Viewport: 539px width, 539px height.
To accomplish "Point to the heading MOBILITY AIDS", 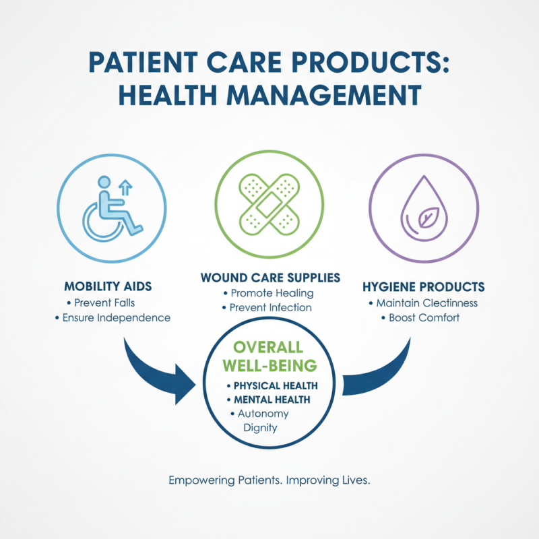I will [x=108, y=286].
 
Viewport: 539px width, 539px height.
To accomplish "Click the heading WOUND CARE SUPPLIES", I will [x=269, y=278].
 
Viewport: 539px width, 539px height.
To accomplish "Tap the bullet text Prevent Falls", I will [x=111, y=303].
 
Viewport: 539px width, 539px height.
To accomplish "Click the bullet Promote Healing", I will [x=272, y=293].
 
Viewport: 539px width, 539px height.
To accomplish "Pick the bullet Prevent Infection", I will [x=271, y=307].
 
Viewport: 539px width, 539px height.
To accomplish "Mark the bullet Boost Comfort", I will [x=424, y=317].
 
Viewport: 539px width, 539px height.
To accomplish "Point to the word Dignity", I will [x=259, y=427].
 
